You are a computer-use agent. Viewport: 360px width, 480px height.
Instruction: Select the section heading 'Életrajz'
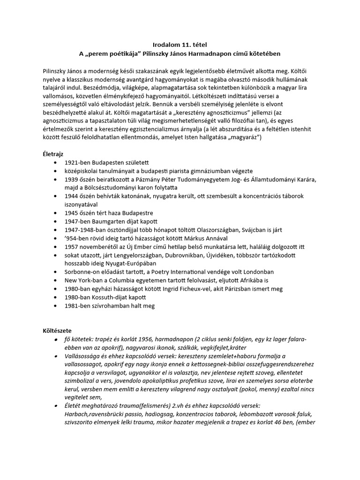pos(53,153)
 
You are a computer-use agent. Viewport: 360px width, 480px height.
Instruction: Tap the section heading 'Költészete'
pos(57,330)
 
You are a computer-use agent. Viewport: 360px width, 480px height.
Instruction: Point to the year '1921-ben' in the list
pos(77,162)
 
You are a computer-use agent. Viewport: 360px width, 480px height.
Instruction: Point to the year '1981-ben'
pos(77,306)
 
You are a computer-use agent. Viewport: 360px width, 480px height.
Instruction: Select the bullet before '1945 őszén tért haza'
pos(57,212)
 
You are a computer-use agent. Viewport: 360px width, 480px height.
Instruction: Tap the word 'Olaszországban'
pos(229,229)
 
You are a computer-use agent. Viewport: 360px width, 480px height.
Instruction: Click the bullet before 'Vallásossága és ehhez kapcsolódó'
pos(57,356)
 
